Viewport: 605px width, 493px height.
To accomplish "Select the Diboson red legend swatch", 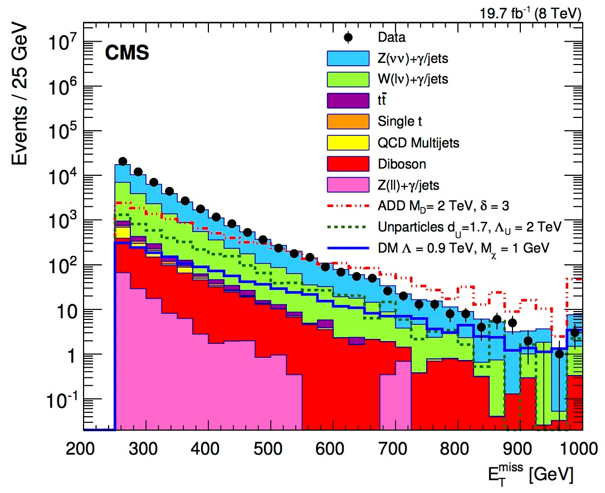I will point(348,164).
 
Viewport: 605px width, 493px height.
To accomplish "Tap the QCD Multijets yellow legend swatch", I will point(348,142).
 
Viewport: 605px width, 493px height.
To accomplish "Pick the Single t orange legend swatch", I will point(348,121).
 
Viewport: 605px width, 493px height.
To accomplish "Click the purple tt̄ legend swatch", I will point(348,100).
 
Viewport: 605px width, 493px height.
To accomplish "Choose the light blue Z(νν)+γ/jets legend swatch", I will point(348,58).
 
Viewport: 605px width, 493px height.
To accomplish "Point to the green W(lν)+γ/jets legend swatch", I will point(348,79).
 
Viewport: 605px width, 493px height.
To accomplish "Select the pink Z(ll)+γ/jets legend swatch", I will point(348,185).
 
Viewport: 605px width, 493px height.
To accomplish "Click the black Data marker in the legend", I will point(348,37).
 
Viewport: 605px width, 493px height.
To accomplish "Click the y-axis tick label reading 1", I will point(70,355).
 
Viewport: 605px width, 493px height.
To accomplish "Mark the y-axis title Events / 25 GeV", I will point(21,96).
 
